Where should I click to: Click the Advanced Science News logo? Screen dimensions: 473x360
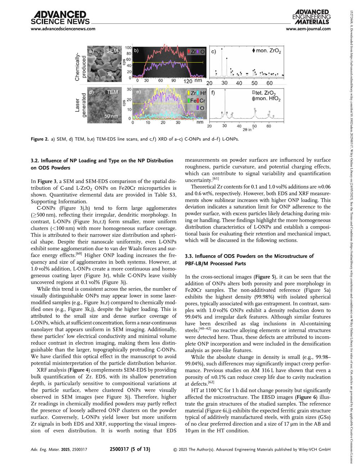tap(54, 17)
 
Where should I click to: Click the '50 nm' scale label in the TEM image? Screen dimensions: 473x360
tap(111, 116)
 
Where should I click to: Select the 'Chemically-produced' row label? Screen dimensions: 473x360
tap(80, 63)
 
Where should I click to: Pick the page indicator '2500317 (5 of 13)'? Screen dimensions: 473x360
tap(130, 449)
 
